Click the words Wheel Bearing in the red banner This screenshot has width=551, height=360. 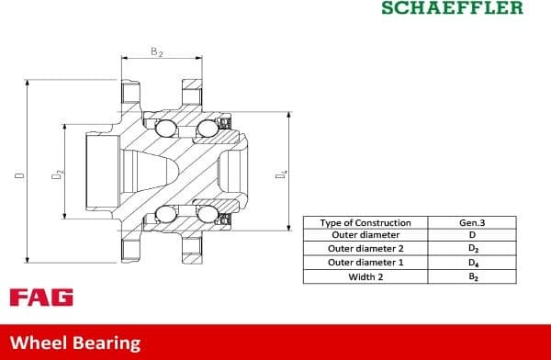75,343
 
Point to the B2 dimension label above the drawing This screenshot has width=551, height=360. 157,52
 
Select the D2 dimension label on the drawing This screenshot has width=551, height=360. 56,172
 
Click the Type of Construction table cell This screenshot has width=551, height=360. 365,223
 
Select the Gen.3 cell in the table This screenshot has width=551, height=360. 472,223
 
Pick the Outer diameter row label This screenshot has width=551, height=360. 365,235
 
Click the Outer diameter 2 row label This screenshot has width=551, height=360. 365,249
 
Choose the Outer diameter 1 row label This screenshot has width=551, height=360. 365,263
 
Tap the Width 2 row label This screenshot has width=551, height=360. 365,276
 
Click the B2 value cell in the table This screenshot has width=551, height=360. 472,276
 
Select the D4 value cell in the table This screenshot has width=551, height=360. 472,263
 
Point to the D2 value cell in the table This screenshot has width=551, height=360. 472,249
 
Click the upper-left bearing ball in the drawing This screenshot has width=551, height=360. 167,129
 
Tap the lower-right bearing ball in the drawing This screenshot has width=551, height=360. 208,215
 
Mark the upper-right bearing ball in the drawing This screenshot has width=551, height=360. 208,129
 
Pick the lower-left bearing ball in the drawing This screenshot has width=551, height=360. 167,215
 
